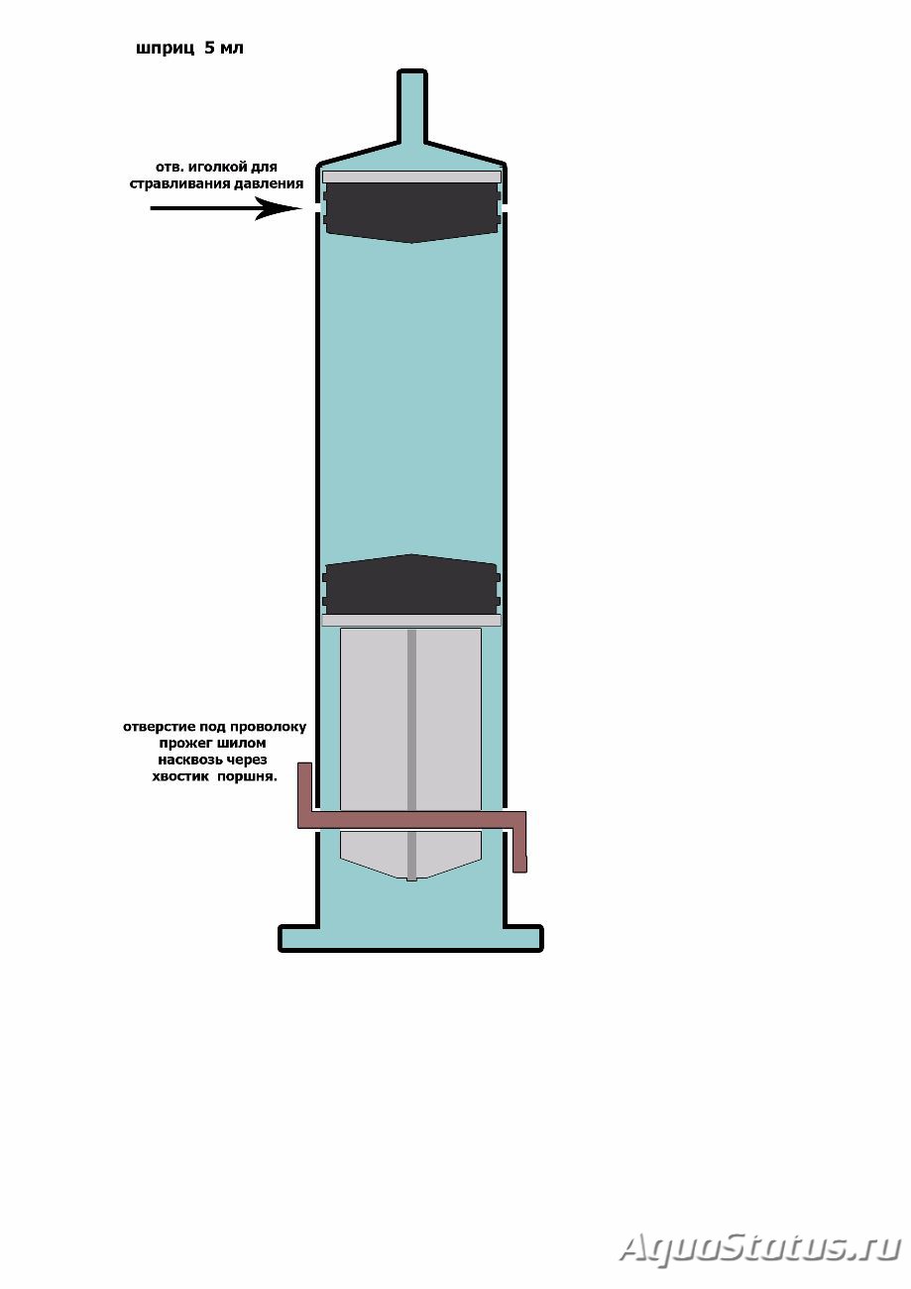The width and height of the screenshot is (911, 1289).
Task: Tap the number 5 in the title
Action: pyautogui.click(x=209, y=48)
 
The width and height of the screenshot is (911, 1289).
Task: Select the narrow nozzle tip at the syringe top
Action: pyautogui.click(x=411, y=106)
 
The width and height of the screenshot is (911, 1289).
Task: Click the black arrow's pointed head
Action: pyautogui.click(x=279, y=208)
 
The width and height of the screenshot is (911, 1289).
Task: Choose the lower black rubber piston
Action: pyautogui.click(x=411, y=584)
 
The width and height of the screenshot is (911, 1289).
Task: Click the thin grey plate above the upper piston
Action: pyautogui.click(x=411, y=176)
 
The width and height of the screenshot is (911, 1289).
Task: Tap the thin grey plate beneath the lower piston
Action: pyautogui.click(x=411, y=620)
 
